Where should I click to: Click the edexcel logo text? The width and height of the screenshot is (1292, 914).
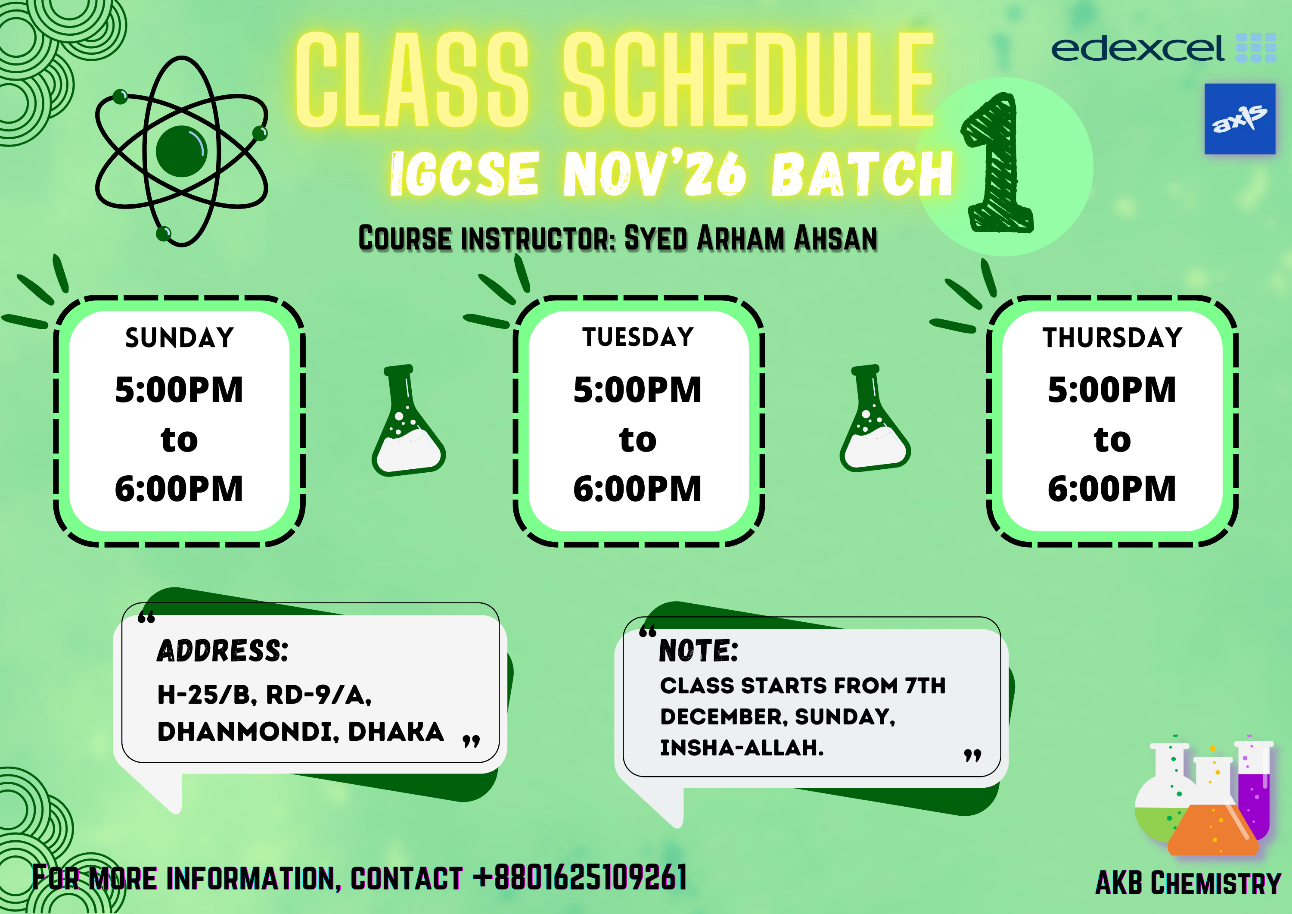pos(1137,48)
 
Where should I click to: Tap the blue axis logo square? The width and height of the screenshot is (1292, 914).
pos(1239,119)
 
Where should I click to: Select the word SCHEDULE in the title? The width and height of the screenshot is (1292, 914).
pos(748,79)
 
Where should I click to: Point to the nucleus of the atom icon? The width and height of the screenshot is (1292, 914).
pos(181,152)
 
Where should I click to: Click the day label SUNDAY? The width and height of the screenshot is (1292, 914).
pos(179,338)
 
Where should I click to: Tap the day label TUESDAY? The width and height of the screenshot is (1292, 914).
pos(638,337)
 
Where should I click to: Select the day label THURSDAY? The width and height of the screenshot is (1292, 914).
pos(1112,338)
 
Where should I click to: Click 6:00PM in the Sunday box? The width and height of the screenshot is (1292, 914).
pos(179,488)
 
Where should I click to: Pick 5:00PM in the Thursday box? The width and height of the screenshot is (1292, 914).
pos(1112,390)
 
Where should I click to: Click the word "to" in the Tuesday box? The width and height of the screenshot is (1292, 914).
pos(638,440)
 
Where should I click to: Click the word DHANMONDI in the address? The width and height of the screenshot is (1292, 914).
pos(248,732)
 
